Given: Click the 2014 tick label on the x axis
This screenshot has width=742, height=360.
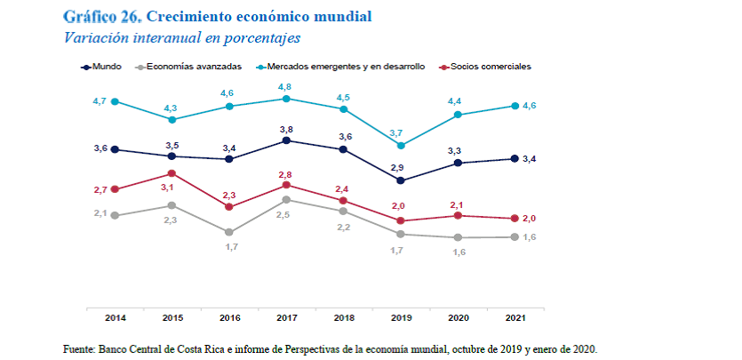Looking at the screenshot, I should (115, 317).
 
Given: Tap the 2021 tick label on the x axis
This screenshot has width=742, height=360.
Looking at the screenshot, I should (515, 317).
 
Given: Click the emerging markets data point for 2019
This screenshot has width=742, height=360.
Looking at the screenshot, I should (400, 145).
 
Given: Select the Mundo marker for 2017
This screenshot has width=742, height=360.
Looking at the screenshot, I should (286, 140).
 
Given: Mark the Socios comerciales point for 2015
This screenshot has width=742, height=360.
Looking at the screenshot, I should (172, 173).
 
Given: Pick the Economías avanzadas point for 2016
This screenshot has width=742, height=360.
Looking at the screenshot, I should (228, 232).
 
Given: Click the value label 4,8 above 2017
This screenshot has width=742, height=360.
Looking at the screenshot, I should (286, 86).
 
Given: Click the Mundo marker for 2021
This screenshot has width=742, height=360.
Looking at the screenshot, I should (515, 159).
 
